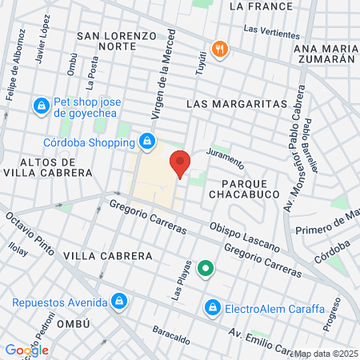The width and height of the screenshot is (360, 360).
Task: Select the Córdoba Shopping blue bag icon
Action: [146, 142]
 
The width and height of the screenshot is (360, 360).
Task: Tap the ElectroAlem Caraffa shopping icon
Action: [212, 306]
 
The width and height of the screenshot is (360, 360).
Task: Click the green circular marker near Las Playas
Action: [206, 269]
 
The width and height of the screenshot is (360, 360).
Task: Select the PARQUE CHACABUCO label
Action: [242, 187]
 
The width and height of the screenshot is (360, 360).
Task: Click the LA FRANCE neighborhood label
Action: [257, 6]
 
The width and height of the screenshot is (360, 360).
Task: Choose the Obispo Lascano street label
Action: [244, 235]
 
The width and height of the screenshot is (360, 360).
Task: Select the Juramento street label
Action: [225, 158]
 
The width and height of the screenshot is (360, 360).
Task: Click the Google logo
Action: [26, 350]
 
